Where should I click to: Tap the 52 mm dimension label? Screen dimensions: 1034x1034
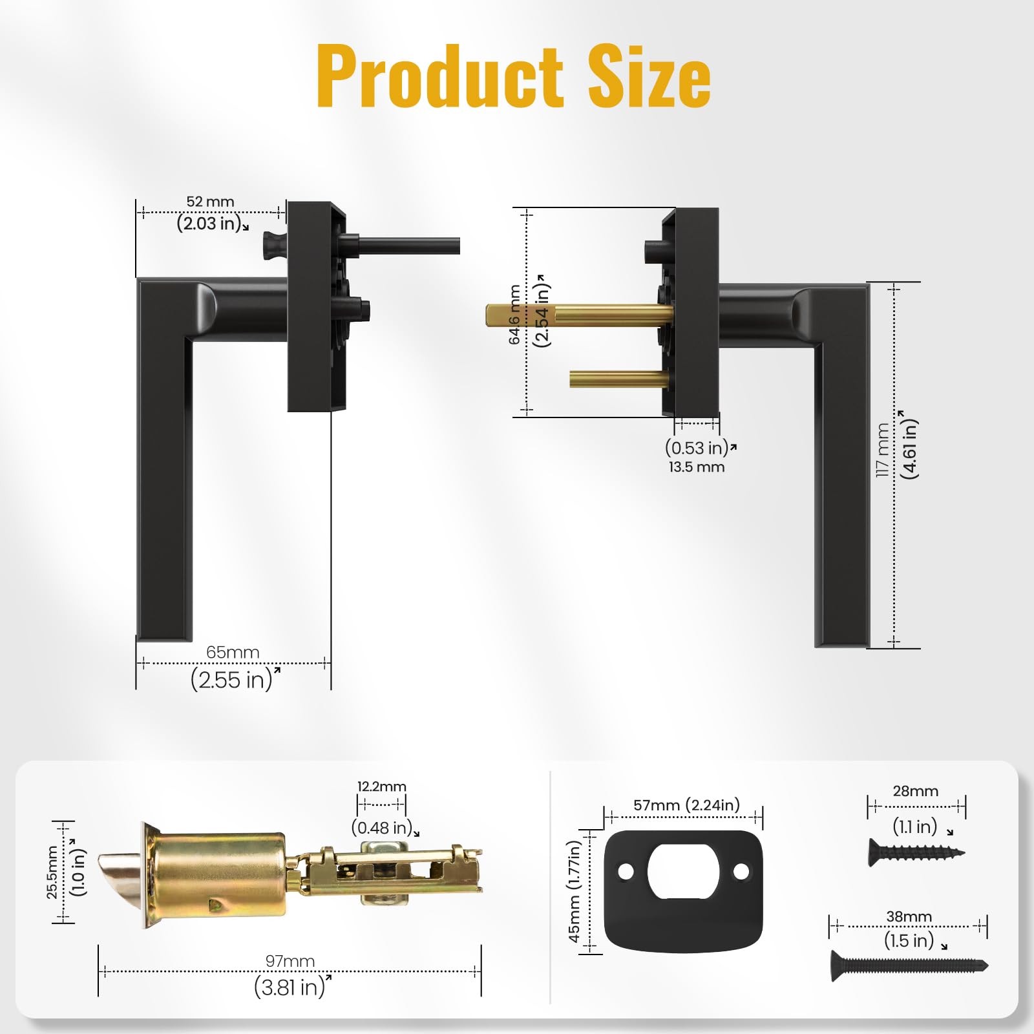point(210,202)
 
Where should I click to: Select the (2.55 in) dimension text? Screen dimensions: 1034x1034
point(232,680)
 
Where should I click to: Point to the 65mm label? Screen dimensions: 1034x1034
point(233,652)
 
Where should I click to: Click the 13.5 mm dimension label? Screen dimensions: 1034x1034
point(696,467)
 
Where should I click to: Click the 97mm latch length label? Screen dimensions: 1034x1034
point(290,961)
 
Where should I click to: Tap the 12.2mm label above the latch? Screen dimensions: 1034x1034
point(381,786)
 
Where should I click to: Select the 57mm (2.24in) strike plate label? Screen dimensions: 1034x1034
point(686,805)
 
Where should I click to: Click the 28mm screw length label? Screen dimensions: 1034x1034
point(915,791)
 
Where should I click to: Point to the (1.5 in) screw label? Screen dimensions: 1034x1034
point(909,940)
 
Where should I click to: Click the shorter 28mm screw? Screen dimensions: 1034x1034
point(915,852)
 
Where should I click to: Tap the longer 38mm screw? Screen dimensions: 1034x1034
point(908,966)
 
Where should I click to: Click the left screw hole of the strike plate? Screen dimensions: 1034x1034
point(625,872)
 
